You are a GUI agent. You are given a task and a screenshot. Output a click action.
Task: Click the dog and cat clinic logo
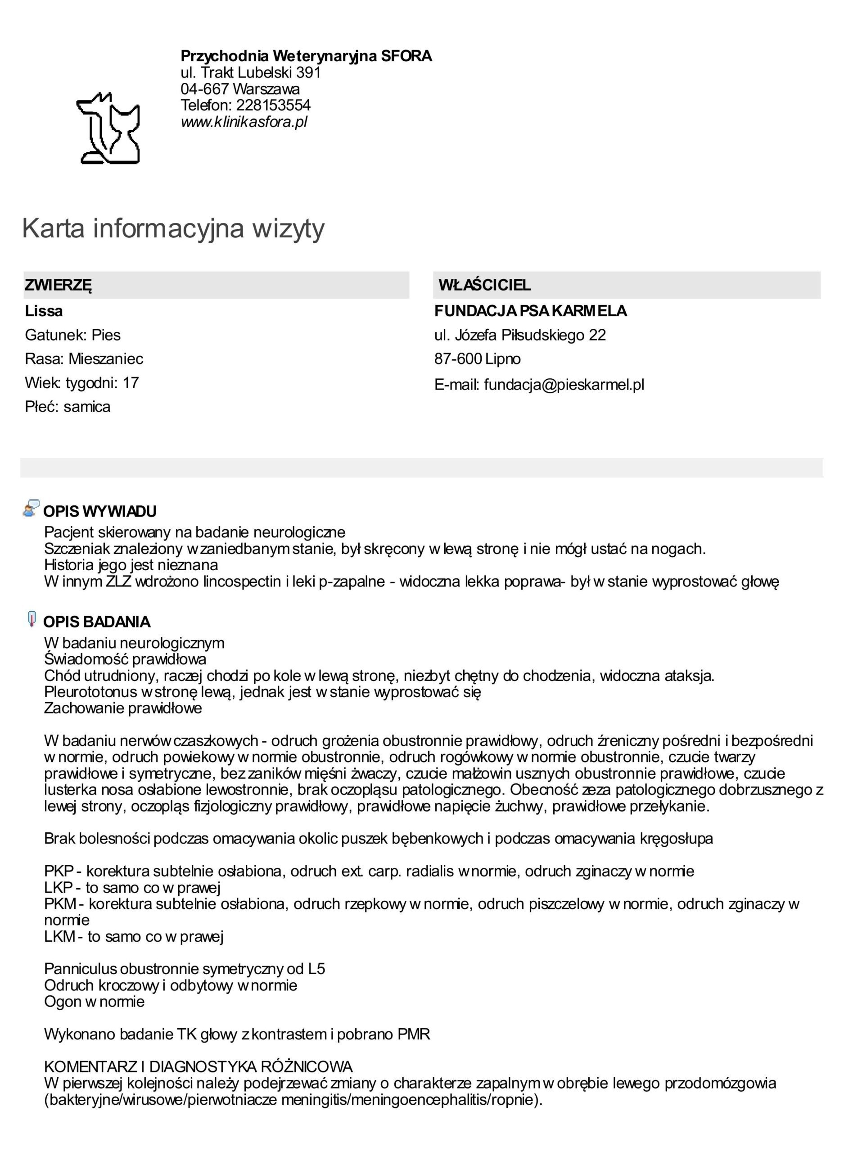click(108, 129)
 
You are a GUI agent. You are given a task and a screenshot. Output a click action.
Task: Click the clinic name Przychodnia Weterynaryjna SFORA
click(306, 56)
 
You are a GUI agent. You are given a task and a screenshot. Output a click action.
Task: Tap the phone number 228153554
click(273, 105)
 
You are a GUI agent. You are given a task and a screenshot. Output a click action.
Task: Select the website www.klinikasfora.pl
click(244, 122)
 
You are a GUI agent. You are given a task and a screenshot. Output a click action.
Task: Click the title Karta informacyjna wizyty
click(173, 228)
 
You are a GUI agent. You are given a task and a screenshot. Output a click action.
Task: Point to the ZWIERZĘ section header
click(59, 285)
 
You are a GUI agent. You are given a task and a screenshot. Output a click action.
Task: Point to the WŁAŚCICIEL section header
click(484, 285)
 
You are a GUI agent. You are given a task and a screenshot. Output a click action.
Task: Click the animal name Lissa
click(44, 311)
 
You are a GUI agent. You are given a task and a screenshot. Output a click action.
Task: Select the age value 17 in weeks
click(131, 383)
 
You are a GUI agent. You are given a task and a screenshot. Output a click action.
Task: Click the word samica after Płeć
click(87, 407)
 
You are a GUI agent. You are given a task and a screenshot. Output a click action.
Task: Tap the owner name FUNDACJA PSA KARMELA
click(530, 311)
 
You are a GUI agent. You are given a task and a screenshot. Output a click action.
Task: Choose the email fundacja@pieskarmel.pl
click(564, 385)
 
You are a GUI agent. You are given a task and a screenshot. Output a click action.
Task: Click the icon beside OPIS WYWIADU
click(31, 509)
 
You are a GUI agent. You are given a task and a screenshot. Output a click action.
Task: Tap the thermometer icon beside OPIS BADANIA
click(32, 619)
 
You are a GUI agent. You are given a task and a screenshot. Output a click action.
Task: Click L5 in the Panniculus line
click(316, 969)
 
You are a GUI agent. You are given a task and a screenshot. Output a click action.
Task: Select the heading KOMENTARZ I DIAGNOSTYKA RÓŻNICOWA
click(198, 1066)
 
